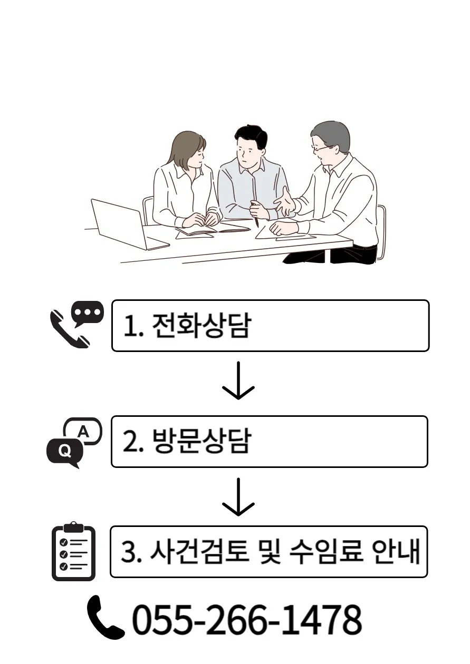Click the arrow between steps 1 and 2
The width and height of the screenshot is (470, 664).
tap(238, 380)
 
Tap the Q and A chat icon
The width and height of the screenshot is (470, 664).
tap(74, 442)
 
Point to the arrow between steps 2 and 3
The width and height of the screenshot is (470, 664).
tap(238, 497)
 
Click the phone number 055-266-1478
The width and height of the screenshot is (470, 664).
tap(246, 620)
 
